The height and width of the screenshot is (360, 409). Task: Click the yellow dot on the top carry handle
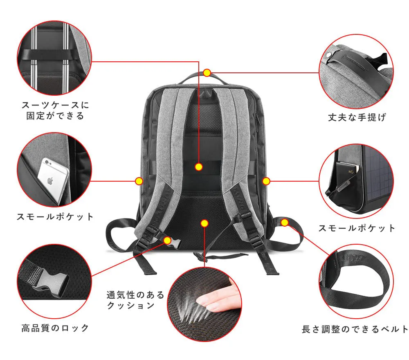(x=207, y=73)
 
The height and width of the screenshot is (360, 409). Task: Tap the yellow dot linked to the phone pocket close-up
(x=139, y=181)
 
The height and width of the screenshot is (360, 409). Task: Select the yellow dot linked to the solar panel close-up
(x=266, y=181)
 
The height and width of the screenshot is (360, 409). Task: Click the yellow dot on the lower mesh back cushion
(x=204, y=223)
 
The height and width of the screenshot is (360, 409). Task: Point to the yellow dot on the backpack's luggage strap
(x=199, y=166)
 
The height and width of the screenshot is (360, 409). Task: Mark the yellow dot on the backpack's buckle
(x=167, y=241)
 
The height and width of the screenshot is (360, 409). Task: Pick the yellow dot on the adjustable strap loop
(x=285, y=223)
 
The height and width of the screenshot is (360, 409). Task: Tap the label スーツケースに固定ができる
(x=55, y=110)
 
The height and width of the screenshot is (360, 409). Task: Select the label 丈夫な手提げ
(x=357, y=117)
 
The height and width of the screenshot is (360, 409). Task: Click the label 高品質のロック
(x=55, y=328)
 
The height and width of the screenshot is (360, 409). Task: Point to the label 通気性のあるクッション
(x=135, y=300)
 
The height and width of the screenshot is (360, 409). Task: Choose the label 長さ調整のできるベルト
(x=355, y=329)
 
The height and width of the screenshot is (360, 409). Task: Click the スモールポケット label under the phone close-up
(x=55, y=216)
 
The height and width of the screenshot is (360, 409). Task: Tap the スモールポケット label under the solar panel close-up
(x=357, y=228)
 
